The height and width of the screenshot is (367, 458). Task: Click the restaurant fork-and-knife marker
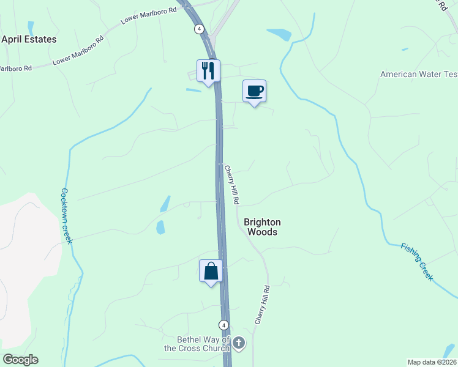click(209, 71)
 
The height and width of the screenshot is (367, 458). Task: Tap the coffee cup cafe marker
click(255, 91)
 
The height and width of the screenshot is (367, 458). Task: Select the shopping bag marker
click(211, 270)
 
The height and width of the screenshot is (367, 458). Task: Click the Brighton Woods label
click(262, 227)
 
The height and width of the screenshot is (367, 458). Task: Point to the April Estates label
click(29, 39)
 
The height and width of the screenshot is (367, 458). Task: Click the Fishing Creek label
click(417, 262)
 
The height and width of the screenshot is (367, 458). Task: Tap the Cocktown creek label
click(66, 215)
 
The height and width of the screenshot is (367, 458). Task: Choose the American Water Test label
click(419, 74)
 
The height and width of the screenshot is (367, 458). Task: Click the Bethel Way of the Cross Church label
click(195, 344)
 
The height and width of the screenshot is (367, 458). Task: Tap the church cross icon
click(239, 343)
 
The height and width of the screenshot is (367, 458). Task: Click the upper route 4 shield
click(199, 29)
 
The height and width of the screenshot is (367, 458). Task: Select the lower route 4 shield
click(224, 325)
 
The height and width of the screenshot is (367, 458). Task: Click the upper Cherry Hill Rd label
click(231, 185)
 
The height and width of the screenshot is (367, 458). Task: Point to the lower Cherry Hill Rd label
click(262, 304)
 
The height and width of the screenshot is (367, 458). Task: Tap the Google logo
click(20, 360)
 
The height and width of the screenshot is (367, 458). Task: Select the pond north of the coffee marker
click(279, 34)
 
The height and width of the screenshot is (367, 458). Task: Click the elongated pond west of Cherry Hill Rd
click(165, 204)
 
